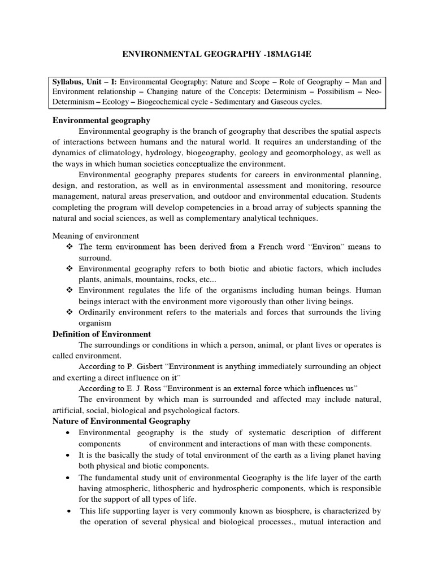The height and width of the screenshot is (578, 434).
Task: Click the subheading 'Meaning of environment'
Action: click(x=96, y=235)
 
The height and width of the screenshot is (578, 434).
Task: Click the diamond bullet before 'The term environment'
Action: click(x=69, y=247)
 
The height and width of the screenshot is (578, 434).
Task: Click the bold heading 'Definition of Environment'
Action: click(x=102, y=334)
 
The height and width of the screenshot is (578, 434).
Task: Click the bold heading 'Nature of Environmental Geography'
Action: click(x=121, y=421)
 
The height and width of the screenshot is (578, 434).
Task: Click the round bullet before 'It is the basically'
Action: click(x=68, y=455)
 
